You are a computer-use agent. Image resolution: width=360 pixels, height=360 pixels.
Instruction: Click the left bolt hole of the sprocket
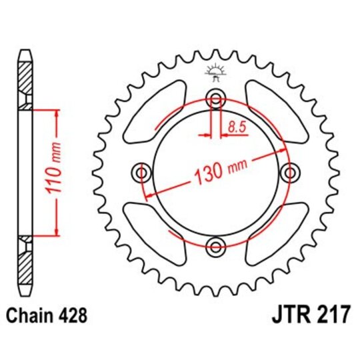[141, 173]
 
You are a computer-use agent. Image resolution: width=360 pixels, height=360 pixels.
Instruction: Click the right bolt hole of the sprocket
[289, 173]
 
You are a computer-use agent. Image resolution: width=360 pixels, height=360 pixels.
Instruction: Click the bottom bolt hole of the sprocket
[215, 247]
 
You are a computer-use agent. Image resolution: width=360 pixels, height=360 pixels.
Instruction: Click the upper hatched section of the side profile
[25, 80]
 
